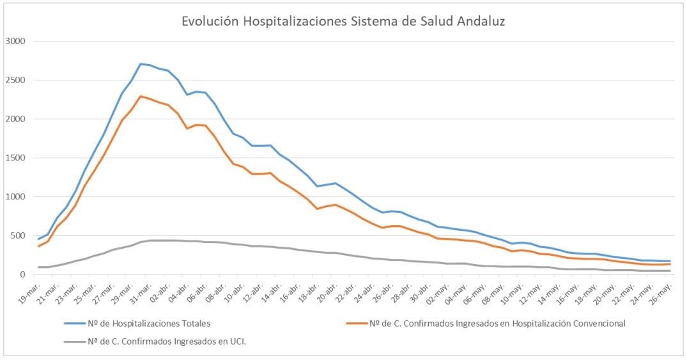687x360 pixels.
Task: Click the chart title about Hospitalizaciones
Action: click(x=343, y=21)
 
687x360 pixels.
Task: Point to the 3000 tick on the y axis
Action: click(x=15, y=42)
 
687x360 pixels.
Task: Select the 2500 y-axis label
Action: click(x=15, y=81)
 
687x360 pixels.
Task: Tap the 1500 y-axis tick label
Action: click(x=15, y=158)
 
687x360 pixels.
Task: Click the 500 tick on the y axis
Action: click(x=17, y=236)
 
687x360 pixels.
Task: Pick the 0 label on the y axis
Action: click(x=22, y=275)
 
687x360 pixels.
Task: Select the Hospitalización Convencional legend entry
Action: click(x=497, y=324)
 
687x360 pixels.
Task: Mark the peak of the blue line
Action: click(x=141, y=64)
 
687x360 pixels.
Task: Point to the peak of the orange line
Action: click(x=141, y=97)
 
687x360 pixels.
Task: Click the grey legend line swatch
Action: click(x=76, y=341)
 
